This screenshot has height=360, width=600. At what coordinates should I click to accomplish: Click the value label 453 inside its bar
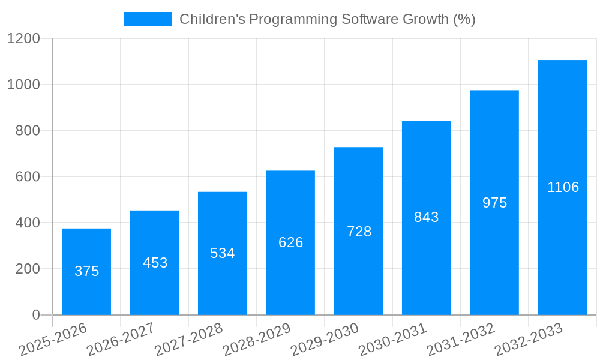pyautogui.click(x=155, y=263)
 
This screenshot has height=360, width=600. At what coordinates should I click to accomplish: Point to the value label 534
pyautogui.click(x=222, y=253)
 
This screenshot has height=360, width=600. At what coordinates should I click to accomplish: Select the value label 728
pyautogui.click(x=359, y=232)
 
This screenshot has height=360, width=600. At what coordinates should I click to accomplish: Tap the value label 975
pyautogui.click(x=494, y=203)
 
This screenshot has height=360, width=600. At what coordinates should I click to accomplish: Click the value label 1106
pyautogui.click(x=563, y=187)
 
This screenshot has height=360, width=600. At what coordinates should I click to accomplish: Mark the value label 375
pyautogui.click(x=86, y=271)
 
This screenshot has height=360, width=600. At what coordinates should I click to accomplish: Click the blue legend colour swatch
pyautogui.click(x=148, y=19)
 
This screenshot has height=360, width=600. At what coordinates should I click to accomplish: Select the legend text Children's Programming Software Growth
pyautogui.click(x=327, y=19)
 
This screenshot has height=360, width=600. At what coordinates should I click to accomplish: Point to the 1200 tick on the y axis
pyautogui.click(x=23, y=39)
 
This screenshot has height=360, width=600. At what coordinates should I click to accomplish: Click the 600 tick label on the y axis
pyautogui.click(x=28, y=177)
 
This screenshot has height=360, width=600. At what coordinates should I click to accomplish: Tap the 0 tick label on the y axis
pyautogui.click(x=35, y=315)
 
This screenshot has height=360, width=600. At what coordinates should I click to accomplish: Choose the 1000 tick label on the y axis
pyautogui.click(x=23, y=85)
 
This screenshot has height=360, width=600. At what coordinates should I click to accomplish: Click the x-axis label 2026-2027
pyautogui.click(x=121, y=340)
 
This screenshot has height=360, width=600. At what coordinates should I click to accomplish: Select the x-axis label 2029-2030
pyautogui.click(x=325, y=340)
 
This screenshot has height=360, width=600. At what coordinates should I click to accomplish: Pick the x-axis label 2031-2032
pyautogui.click(x=460, y=340)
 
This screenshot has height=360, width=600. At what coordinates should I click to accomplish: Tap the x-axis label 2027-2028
pyautogui.click(x=188, y=340)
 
